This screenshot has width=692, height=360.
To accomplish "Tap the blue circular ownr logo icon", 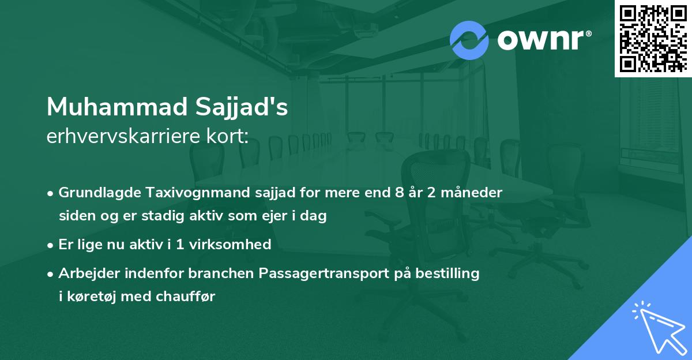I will (x=469, y=40).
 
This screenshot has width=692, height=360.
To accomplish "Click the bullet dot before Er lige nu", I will (x=51, y=245).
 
